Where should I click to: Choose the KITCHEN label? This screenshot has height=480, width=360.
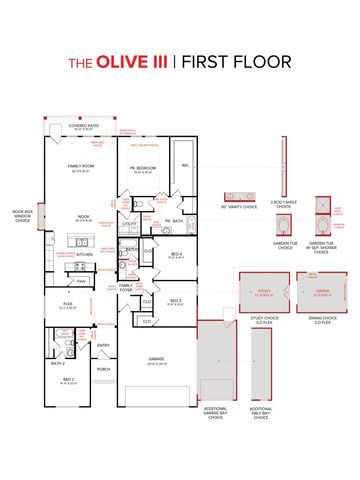pos(85,255)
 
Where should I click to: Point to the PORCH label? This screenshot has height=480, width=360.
pos(103,368)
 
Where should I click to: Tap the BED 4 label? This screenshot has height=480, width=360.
pos(177,255)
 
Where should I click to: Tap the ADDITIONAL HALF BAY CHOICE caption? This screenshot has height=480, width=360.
pos(260,414)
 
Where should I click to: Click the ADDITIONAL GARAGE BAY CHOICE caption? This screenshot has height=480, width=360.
pos(215,414)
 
